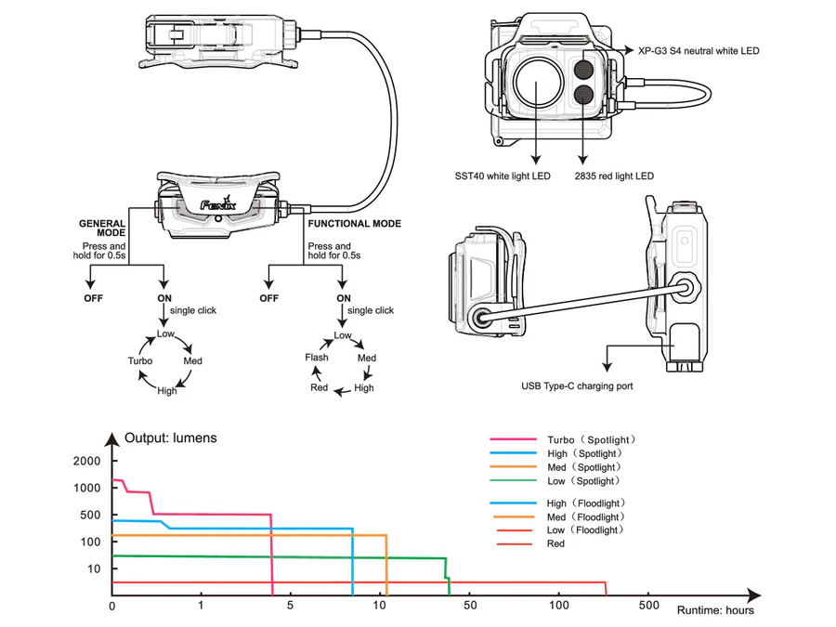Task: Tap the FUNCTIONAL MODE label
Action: (x=355, y=224)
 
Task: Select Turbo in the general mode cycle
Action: (x=140, y=360)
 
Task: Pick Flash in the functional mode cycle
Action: (x=317, y=358)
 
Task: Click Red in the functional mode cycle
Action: (x=319, y=387)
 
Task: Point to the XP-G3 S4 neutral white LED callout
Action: (x=699, y=51)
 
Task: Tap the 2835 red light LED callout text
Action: (x=615, y=176)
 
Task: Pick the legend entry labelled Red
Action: (x=555, y=543)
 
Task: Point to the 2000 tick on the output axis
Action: (x=85, y=462)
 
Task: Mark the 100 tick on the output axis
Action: (x=89, y=542)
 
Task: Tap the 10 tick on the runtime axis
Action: (x=379, y=606)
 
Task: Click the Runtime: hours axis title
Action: (x=715, y=610)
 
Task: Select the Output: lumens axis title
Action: (x=171, y=438)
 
